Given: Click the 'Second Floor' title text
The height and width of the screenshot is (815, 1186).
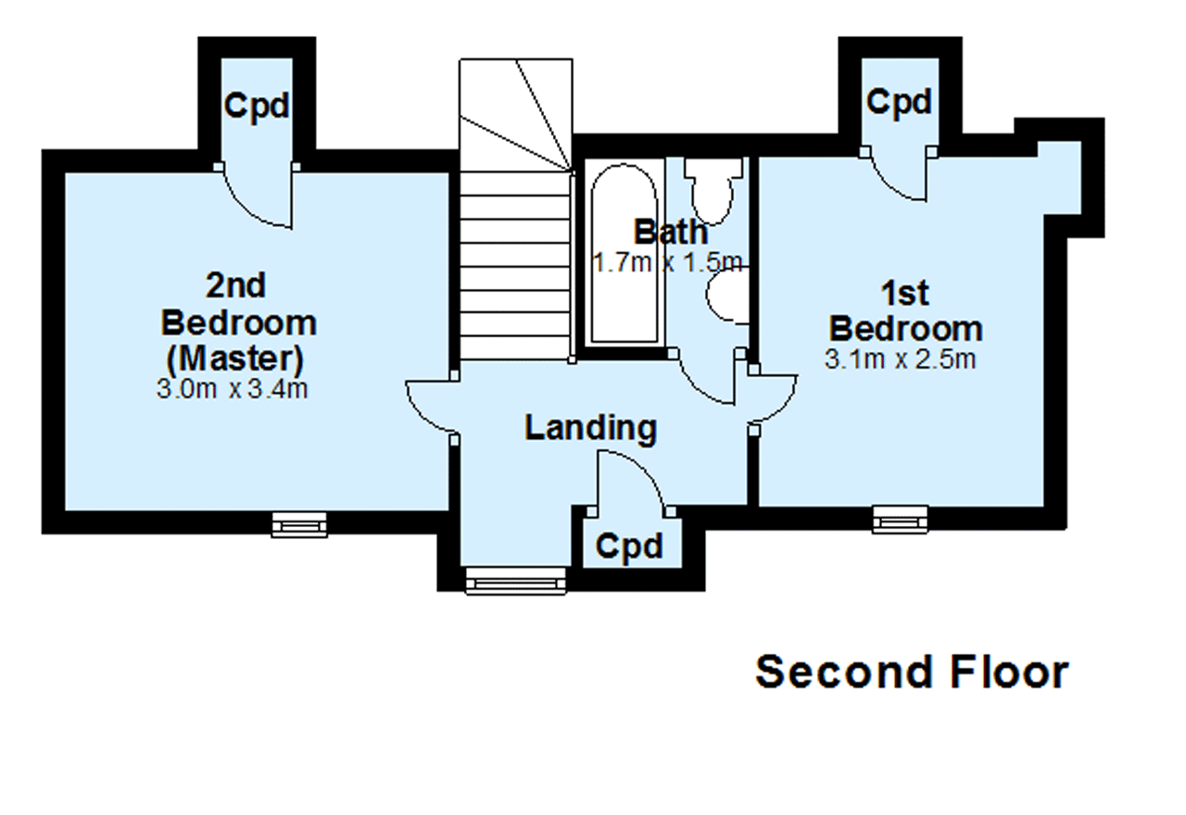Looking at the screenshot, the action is [912, 672].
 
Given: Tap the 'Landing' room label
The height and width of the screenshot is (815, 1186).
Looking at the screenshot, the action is [591, 428].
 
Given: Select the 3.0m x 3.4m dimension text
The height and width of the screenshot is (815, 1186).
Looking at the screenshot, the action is [232, 389].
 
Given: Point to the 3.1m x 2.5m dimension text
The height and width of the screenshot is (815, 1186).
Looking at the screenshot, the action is [900, 360].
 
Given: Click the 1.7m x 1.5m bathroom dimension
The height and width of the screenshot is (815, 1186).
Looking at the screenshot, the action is [668, 262].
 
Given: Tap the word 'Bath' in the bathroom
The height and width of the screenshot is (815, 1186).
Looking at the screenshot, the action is [671, 232].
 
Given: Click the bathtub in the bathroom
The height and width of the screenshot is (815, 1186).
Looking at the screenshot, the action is [625, 253].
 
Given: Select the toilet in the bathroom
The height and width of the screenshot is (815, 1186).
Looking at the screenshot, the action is [713, 191].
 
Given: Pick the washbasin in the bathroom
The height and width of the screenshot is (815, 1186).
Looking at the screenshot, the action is [727, 295].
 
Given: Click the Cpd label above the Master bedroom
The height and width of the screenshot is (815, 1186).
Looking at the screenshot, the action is [257, 106].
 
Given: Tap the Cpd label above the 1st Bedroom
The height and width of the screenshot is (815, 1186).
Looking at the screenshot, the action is [899, 102].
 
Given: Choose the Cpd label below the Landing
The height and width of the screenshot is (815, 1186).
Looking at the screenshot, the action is [629, 545].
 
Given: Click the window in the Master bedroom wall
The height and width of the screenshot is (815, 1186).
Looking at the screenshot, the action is [299, 524].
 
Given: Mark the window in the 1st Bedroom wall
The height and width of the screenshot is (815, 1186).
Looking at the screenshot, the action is [900, 520].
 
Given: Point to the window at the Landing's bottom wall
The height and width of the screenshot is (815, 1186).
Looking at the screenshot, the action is [516, 581].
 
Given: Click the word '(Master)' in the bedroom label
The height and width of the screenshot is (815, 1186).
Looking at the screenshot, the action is [235, 358].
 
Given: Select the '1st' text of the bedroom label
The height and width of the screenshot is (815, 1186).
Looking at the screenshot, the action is [905, 294].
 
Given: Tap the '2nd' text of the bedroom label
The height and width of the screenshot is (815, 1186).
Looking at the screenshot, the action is [235, 285].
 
